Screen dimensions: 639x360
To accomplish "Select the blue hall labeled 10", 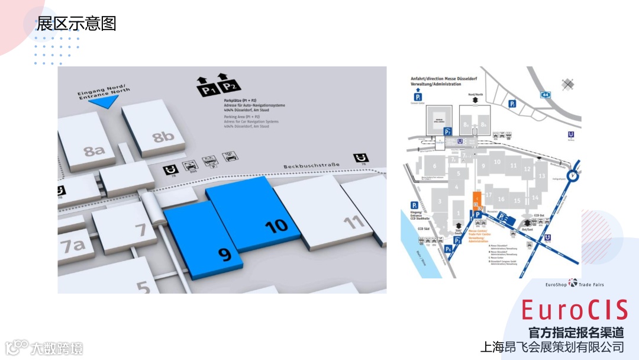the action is pyautogui.click(x=276, y=225).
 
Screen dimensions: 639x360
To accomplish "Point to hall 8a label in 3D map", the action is pyautogui.click(x=94, y=150).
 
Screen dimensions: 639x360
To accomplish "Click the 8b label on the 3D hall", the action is pyautogui.click(x=163, y=137).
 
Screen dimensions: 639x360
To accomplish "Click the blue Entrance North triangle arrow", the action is pyautogui.click(x=104, y=101).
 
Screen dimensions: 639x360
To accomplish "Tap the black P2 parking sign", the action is pyautogui.click(x=229, y=88).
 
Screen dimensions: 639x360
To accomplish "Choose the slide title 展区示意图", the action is pyautogui.click(x=76, y=24).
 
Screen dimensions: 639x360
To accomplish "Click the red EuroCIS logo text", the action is pyautogui.click(x=575, y=310).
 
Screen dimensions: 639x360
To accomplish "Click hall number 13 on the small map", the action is pyautogui.click(x=541, y=176).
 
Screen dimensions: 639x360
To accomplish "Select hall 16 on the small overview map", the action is pyautogui.click(x=501, y=200).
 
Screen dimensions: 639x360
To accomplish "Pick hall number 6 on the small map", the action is pyautogui.click(x=435, y=166).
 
